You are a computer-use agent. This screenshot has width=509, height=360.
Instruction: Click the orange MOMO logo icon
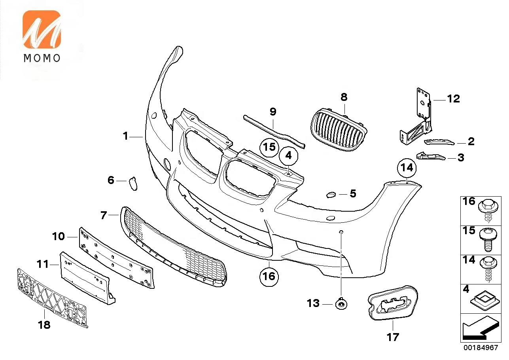click(42, 30)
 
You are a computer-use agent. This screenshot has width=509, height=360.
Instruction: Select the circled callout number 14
click(407, 168)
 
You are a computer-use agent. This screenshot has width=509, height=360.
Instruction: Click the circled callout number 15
click(269, 147)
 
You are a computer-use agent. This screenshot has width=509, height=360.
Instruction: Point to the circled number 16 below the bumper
click(269, 276)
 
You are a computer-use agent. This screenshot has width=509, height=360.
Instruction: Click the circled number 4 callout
click(289, 156)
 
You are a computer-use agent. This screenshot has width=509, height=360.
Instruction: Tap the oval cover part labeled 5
click(331, 194)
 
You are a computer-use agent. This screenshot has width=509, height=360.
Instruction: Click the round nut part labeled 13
click(341, 304)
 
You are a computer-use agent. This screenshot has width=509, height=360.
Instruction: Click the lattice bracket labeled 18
click(51, 297)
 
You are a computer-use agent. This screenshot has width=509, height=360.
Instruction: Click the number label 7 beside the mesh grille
click(104, 215)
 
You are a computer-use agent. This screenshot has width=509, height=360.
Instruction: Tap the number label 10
click(59, 237)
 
